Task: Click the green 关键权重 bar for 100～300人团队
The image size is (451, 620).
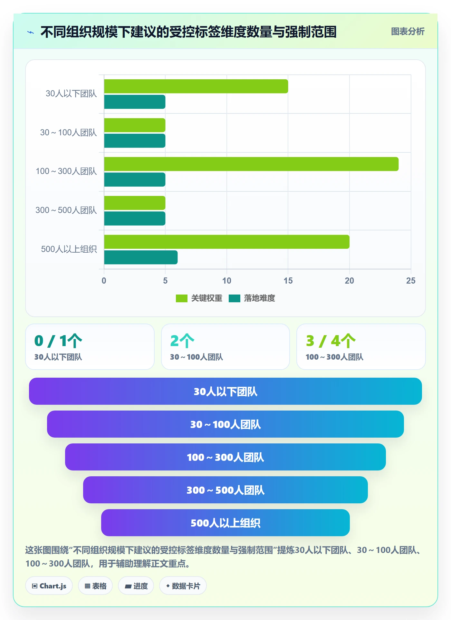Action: [x=251, y=164]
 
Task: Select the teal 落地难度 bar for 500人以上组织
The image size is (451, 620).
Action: [x=141, y=257]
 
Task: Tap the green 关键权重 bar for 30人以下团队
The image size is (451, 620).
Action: [x=196, y=86]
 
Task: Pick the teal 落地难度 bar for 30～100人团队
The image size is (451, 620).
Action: [x=135, y=141]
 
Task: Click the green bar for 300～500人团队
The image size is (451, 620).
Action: [x=135, y=203]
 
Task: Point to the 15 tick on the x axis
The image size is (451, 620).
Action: [x=288, y=281]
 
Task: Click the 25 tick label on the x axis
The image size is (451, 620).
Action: [x=411, y=281]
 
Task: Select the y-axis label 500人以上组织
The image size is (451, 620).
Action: [x=69, y=249]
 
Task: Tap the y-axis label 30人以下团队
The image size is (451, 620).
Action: [x=71, y=93]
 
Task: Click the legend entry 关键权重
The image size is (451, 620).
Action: [x=199, y=298]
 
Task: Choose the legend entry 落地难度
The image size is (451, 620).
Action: [x=252, y=298]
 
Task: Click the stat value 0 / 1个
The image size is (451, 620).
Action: [x=58, y=341]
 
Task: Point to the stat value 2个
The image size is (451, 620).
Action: [x=182, y=341]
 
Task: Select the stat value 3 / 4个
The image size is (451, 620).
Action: [x=331, y=341]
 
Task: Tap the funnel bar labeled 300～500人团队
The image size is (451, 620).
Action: [x=225, y=490]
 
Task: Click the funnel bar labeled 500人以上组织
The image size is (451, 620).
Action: [x=225, y=523]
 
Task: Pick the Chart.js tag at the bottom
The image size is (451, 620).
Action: [x=49, y=586]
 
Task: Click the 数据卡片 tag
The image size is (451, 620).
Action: [x=183, y=586]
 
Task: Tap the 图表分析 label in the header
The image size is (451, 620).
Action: [x=408, y=31]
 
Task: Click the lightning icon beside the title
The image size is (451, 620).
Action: [x=31, y=32]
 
